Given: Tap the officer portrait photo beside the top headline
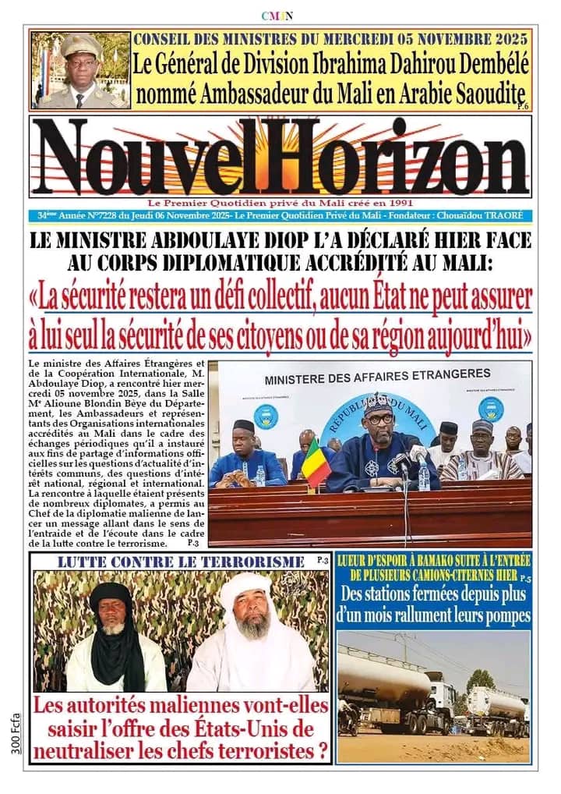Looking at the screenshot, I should pos(80,70).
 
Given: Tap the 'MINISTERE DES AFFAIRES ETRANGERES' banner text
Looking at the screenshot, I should pos(378,377).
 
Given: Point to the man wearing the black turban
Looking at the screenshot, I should pos(114,636).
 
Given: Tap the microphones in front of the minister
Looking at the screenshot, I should pos(408,460).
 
